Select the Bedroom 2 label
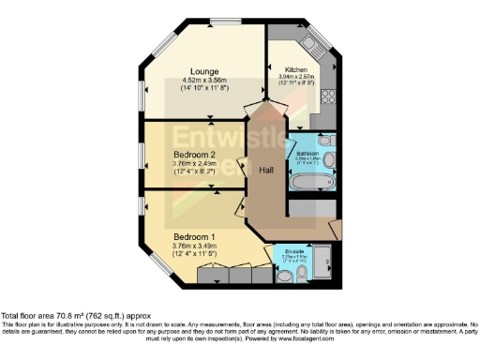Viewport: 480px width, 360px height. pyautogui.click(x=195, y=155)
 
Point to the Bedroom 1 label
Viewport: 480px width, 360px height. pyautogui.click(x=195, y=237)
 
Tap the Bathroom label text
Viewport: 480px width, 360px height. pyautogui.click(x=307, y=152)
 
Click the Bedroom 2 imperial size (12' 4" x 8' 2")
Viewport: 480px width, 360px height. pyautogui.click(x=195, y=172)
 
